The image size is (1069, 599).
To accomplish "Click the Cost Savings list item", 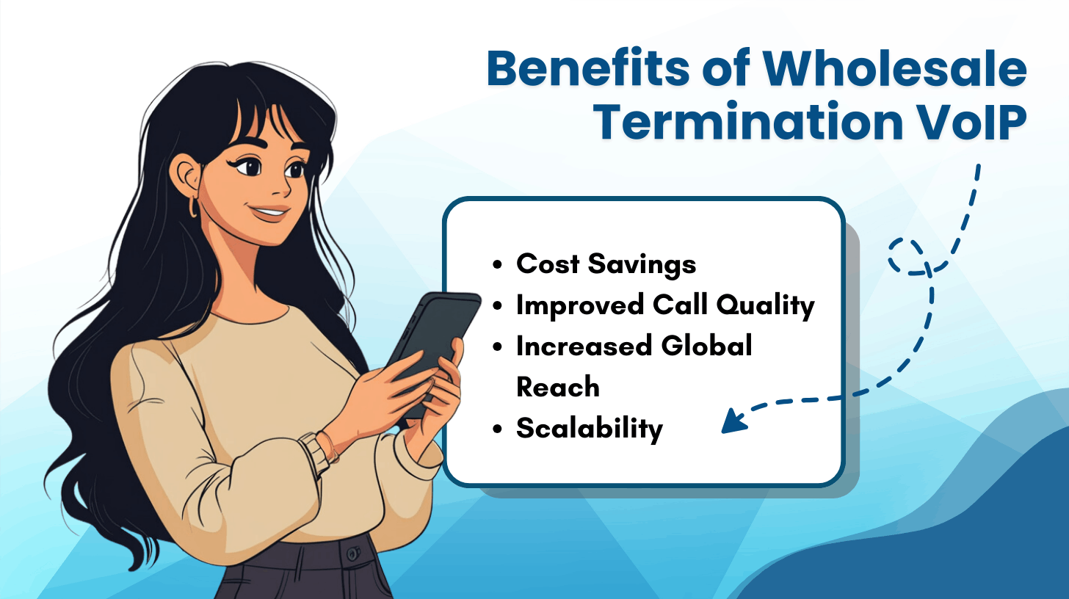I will point(606,264).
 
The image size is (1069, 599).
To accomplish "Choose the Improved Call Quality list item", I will point(665,305).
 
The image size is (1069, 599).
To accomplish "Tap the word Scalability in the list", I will point(589,429).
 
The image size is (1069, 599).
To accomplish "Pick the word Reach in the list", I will point(558,387).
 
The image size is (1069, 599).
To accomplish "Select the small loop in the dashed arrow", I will point(907,255).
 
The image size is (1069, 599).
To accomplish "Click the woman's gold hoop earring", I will point(194,207).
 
